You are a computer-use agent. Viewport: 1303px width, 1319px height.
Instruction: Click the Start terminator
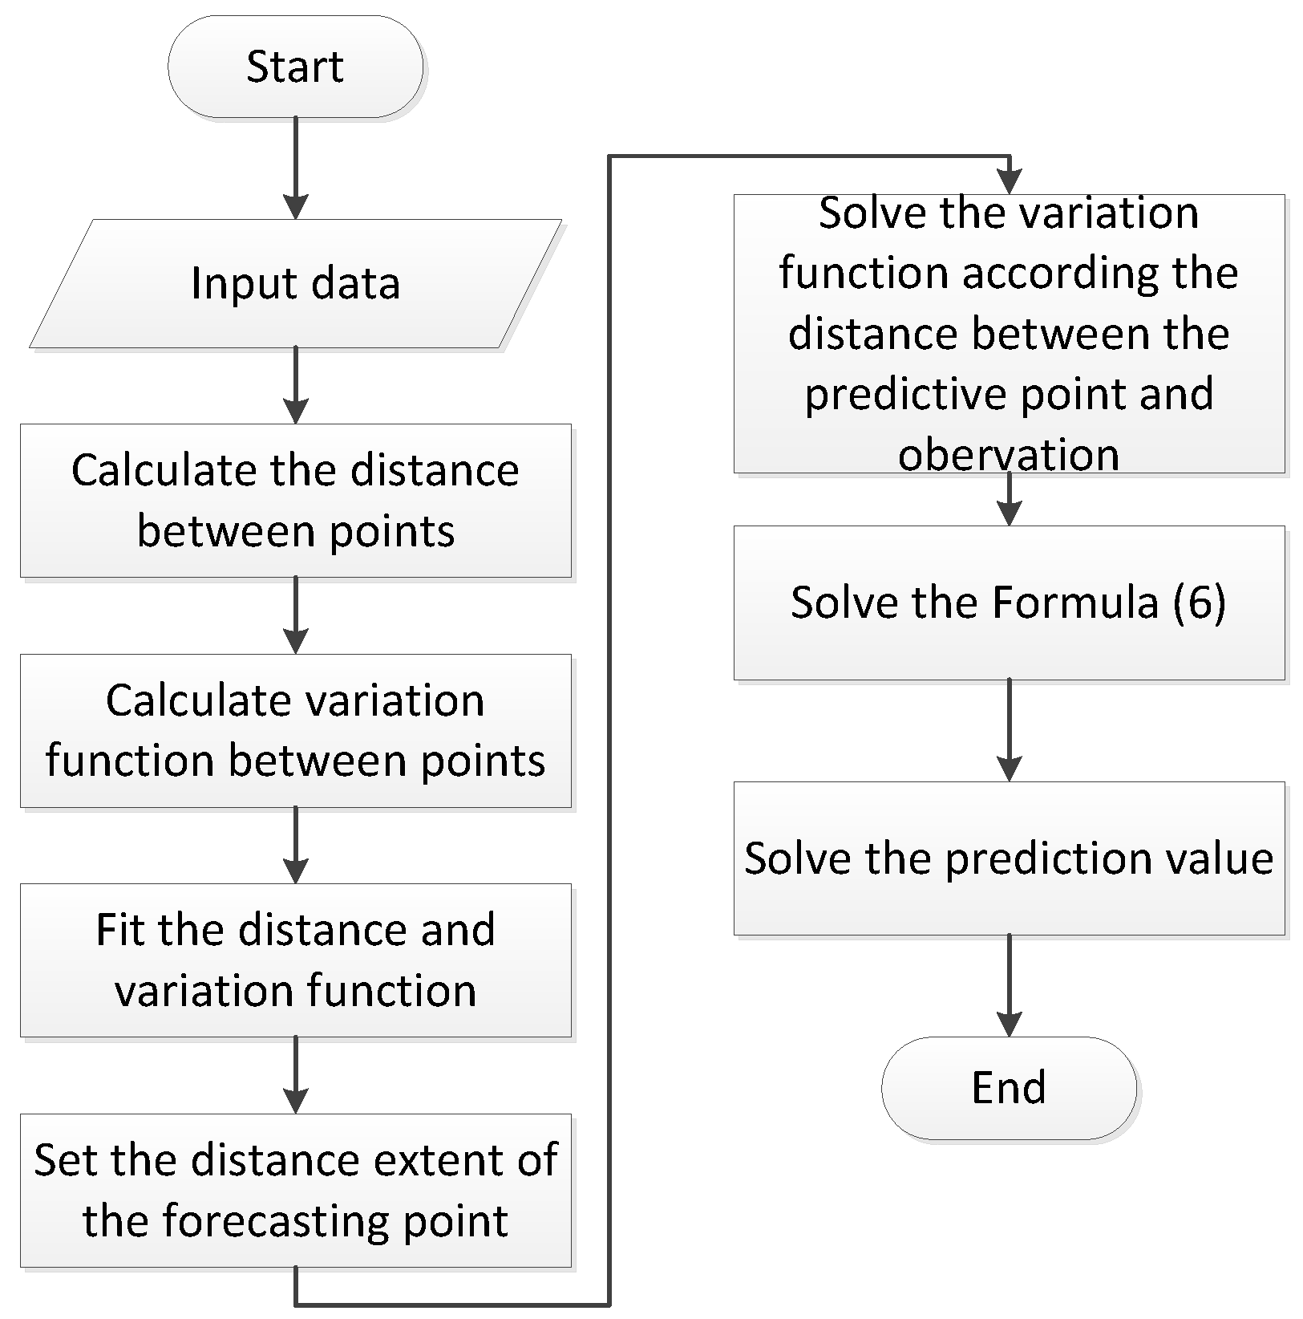(295, 67)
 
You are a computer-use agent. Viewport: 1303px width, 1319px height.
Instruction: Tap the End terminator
(1009, 1088)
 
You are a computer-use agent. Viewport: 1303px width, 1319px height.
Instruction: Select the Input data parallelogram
(295, 284)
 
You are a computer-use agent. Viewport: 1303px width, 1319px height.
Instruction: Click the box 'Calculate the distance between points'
(295, 501)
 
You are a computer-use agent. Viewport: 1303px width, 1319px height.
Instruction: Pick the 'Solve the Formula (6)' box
(1009, 603)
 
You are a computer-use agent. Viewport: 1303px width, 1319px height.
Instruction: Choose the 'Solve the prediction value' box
(1009, 858)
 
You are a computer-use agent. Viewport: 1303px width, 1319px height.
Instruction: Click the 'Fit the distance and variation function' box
(295, 960)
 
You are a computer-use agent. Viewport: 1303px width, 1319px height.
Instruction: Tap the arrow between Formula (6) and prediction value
(1009, 729)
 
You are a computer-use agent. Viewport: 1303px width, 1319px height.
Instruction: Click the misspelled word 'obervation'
(1009, 454)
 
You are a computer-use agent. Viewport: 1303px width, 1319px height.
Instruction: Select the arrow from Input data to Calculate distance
(296, 385)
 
